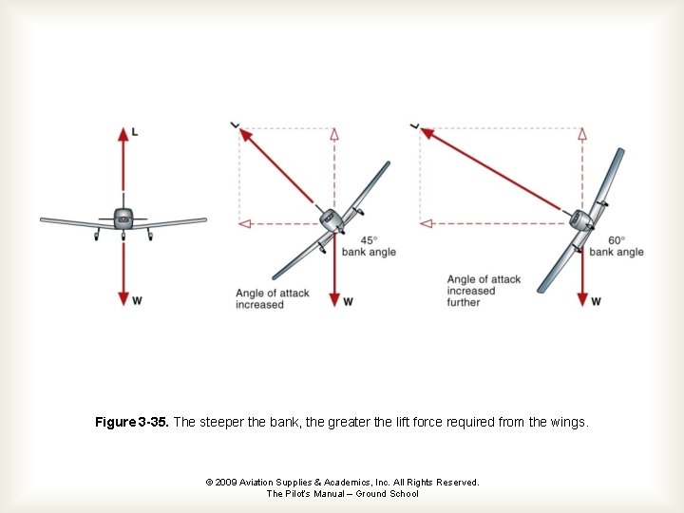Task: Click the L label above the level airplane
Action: (x=135, y=132)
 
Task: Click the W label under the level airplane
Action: (x=137, y=301)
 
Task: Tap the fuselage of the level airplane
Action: (x=123, y=218)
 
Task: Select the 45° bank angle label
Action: (x=369, y=246)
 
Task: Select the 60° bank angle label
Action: (x=616, y=246)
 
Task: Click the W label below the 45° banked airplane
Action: (x=348, y=302)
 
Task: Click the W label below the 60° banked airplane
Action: (x=596, y=302)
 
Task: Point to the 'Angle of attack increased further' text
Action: (x=484, y=291)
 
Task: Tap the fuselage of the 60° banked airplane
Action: (x=580, y=220)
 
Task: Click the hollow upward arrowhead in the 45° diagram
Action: (x=333, y=134)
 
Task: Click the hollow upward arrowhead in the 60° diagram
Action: (x=582, y=134)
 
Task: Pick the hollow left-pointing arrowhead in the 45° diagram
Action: (x=244, y=223)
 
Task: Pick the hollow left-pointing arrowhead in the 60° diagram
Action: (x=426, y=223)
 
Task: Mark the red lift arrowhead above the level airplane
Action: (x=123, y=134)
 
